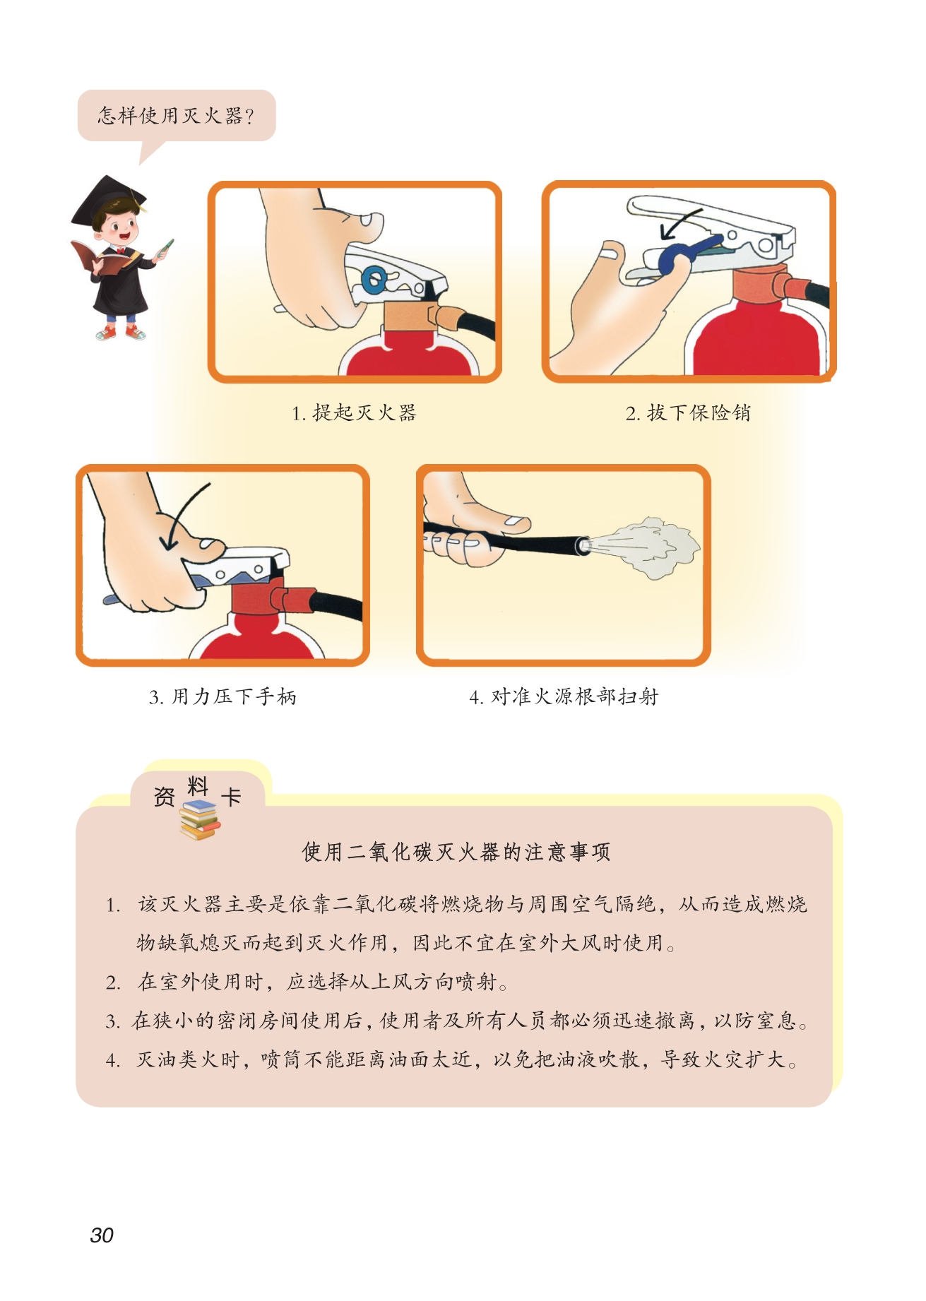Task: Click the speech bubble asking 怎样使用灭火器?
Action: (x=177, y=116)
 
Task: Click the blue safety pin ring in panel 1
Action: (x=373, y=278)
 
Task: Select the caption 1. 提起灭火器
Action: (x=355, y=412)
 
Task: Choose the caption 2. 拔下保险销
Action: (x=688, y=412)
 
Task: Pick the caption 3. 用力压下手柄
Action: (x=222, y=696)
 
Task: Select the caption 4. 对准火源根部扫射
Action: (x=564, y=696)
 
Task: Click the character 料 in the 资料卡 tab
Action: (x=198, y=786)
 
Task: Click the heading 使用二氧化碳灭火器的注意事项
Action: (x=456, y=852)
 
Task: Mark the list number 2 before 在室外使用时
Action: (x=113, y=982)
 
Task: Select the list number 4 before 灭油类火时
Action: (x=113, y=1060)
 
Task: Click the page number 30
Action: (x=102, y=1235)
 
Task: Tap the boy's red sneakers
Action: (x=121, y=331)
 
